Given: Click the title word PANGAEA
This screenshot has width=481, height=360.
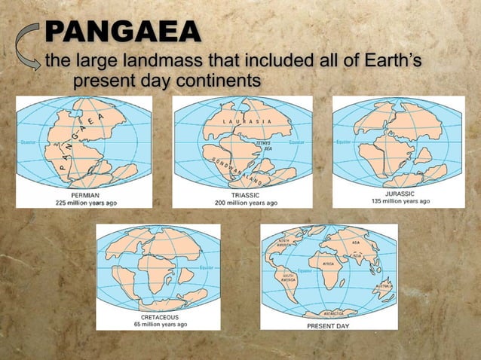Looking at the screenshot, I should point(123,32).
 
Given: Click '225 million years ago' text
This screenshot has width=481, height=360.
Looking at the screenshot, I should point(85,203).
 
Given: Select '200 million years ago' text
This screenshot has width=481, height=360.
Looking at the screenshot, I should point(240,203).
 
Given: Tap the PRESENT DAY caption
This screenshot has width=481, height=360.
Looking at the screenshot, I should point(327,327).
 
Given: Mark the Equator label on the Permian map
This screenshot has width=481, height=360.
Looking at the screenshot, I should point(27,142).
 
